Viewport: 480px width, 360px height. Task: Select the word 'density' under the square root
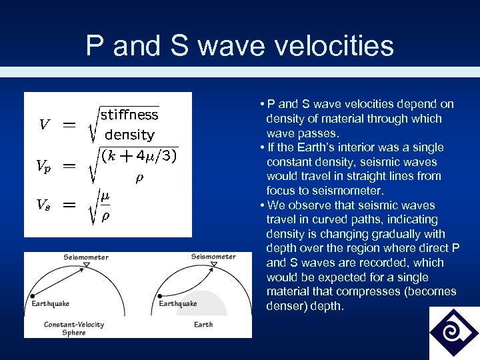129,135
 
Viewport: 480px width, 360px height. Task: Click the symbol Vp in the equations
43,167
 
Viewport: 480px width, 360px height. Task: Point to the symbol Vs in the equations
43,206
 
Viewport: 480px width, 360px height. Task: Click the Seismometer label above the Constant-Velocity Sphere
86,257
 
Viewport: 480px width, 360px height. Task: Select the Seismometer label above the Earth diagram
213,257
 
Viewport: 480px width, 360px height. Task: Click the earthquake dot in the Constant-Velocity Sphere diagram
31,295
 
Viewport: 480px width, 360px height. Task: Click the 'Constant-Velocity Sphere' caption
73,328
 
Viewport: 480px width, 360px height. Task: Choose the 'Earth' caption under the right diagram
203,325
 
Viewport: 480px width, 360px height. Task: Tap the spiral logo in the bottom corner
453,333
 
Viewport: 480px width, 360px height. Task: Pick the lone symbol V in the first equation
44,125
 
